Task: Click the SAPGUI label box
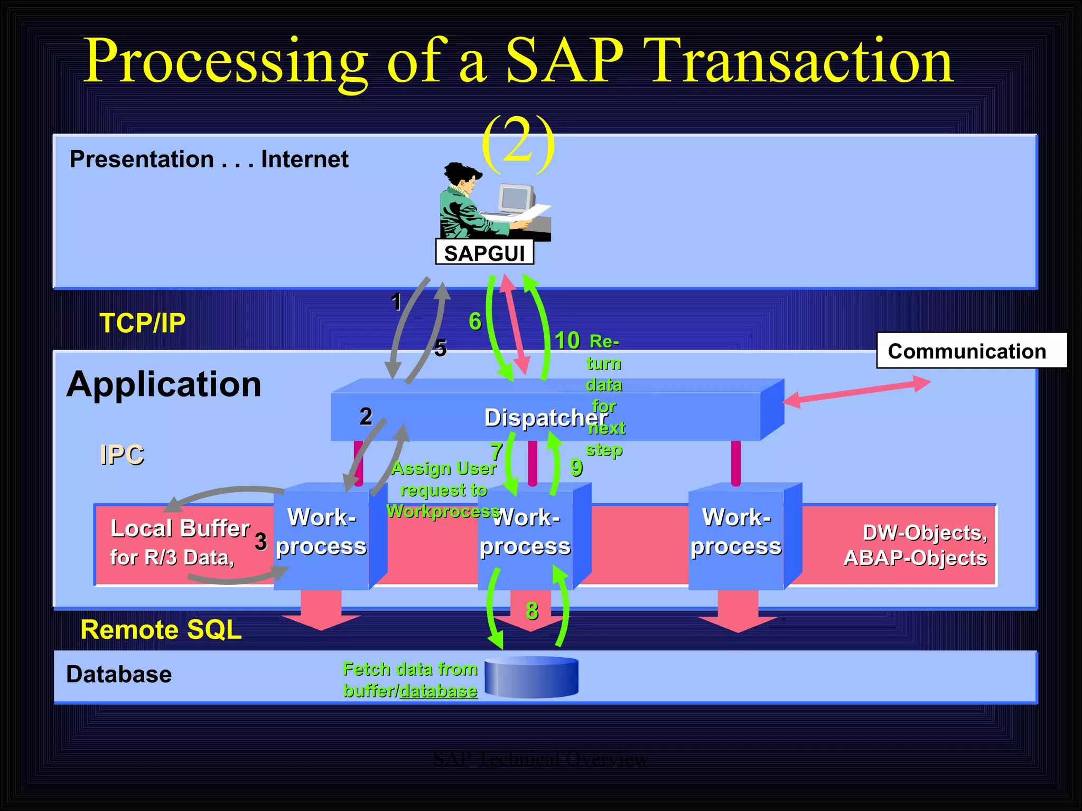point(484,253)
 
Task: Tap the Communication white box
point(971,351)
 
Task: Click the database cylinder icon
point(531,677)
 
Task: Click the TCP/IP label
point(143,323)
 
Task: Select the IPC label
point(122,455)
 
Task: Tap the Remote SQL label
point(161,629)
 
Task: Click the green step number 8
point(532,611)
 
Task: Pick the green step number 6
point(475,321)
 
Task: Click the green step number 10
point(567,340)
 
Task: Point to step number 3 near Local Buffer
point(260,541)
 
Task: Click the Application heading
point(164,384)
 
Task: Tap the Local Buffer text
point(180,529)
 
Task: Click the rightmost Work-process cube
point(736,533)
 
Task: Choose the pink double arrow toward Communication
point(856,391)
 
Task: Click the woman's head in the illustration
point(463,177)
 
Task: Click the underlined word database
point(438,691)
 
